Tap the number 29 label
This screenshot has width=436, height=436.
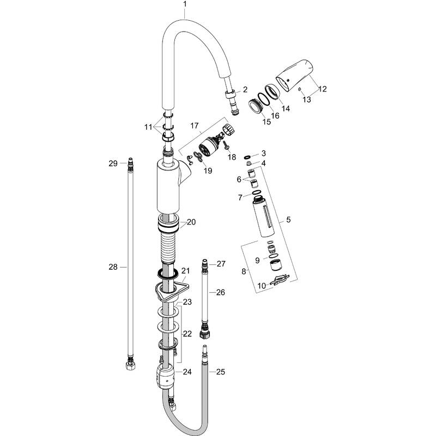coord(113,163)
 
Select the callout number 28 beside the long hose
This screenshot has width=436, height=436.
coord(113,267)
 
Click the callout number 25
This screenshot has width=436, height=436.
coord(220,372)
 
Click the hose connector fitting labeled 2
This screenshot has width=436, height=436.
coord(233,101)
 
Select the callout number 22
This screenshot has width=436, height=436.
coord(187,334)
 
